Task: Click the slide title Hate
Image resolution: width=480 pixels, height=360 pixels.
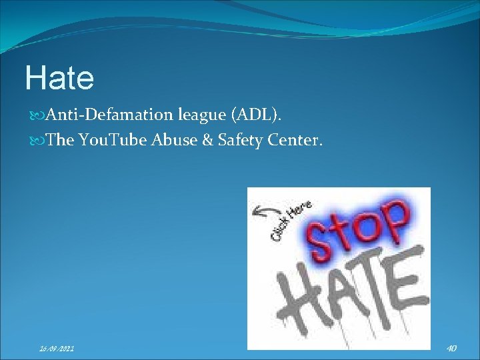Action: (x=59, y=78)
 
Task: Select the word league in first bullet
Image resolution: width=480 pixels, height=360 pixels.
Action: (x=201, y=115)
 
